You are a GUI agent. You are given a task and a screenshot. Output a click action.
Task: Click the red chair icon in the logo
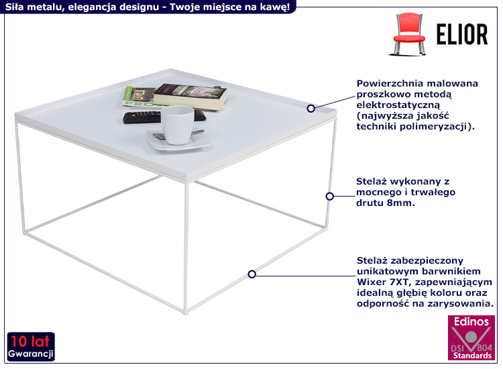pos(407,36)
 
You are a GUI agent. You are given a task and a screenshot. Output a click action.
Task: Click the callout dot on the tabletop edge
pos(311,108)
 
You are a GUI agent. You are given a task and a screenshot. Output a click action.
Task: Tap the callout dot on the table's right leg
pos(329,197)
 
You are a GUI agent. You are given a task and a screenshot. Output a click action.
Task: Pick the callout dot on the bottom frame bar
pos(252,274)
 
